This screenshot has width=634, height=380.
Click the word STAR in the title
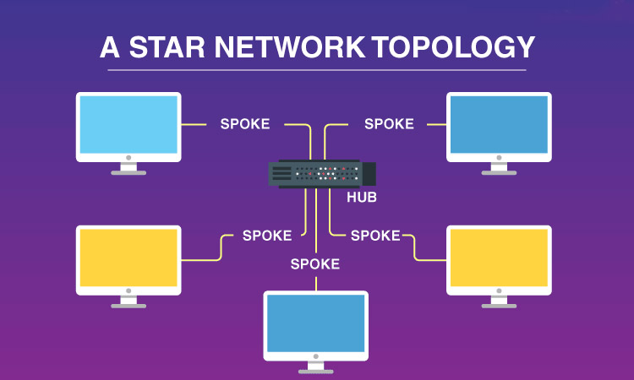pos(167,47)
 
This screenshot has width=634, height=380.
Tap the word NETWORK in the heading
pos(290,47)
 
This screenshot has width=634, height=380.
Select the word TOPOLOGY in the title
pos(454,47)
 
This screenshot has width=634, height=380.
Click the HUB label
pos(362,197)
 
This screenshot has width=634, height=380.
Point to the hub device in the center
pos(322,174)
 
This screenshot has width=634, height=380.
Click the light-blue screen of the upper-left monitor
pos(128,124)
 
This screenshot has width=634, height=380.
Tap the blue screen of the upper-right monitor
pos(499,124)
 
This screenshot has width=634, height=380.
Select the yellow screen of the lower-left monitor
pos(128,258)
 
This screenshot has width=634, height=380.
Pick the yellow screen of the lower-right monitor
pos(499,258)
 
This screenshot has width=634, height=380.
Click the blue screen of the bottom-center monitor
pos(316,323)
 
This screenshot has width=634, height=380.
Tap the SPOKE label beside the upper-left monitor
pos(245,124)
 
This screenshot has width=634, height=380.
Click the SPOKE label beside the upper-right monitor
pos(389,124)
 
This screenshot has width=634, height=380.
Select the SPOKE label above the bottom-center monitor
pos(315,264)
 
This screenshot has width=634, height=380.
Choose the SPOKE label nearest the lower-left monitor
pos(267,236)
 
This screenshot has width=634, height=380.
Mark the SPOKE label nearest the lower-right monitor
pos(375,236)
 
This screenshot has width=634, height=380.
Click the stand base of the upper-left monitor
pos(128,173)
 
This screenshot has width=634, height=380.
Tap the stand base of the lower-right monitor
pos(499,306)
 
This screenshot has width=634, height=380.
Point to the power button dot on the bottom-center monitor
pos(316,356)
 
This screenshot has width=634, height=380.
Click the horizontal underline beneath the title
pos(317,70)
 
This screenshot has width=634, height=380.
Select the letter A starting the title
pos(110,47)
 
